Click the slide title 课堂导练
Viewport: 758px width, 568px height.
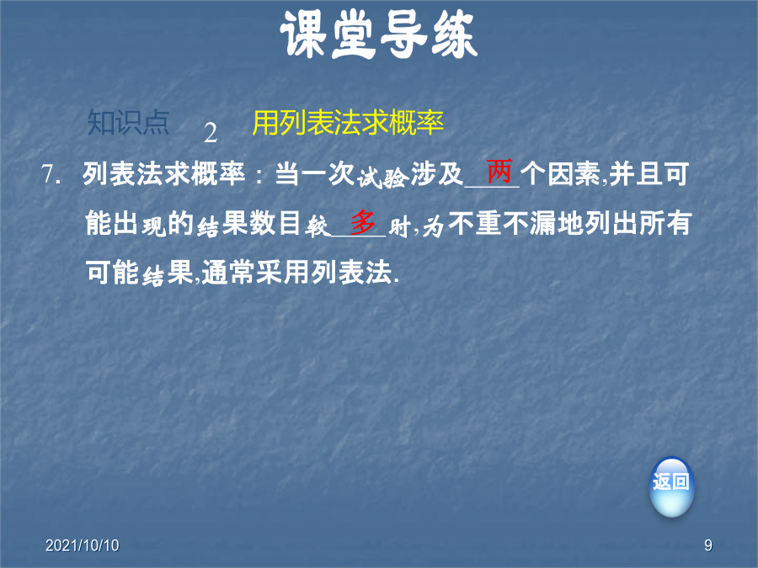379,35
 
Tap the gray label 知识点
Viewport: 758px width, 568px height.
129,123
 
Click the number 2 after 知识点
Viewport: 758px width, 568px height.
211,133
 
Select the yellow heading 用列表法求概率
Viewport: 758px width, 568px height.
348,123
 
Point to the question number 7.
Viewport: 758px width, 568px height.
51,174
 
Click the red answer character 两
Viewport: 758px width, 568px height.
499,171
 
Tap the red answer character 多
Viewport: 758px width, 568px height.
363,222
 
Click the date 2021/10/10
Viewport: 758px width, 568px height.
83,545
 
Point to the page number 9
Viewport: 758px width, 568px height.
708,545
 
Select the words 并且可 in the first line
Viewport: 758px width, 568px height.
649,174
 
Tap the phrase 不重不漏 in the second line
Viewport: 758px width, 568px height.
502,224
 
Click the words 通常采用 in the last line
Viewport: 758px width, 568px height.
256,273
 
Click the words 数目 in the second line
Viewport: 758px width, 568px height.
275,224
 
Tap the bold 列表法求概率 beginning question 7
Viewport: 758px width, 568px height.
163,174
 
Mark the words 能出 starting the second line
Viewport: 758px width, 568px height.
112,224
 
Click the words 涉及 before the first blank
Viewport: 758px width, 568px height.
437,174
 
